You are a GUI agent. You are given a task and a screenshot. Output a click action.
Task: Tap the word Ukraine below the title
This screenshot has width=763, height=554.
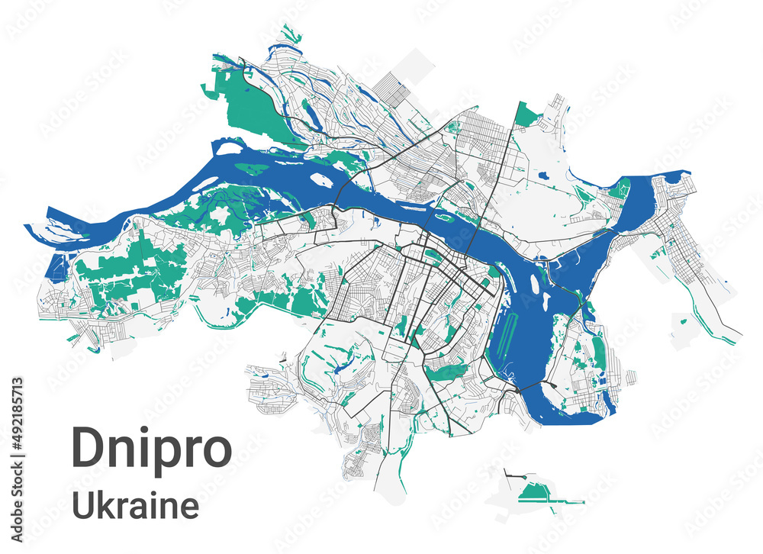[x=135, y=506]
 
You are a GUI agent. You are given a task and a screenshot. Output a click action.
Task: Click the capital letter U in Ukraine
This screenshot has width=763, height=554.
[x=82, y=506]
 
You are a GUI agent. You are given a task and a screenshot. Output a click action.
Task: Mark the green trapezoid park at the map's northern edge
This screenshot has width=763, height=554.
[x=526, y=115]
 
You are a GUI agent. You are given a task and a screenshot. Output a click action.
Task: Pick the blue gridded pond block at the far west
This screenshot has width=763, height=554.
[x=56, y=266]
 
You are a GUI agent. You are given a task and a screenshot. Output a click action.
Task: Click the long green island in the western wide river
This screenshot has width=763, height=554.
[x=256, y=167]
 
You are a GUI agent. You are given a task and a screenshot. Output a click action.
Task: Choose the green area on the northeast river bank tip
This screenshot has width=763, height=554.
[x=621, y=188]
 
